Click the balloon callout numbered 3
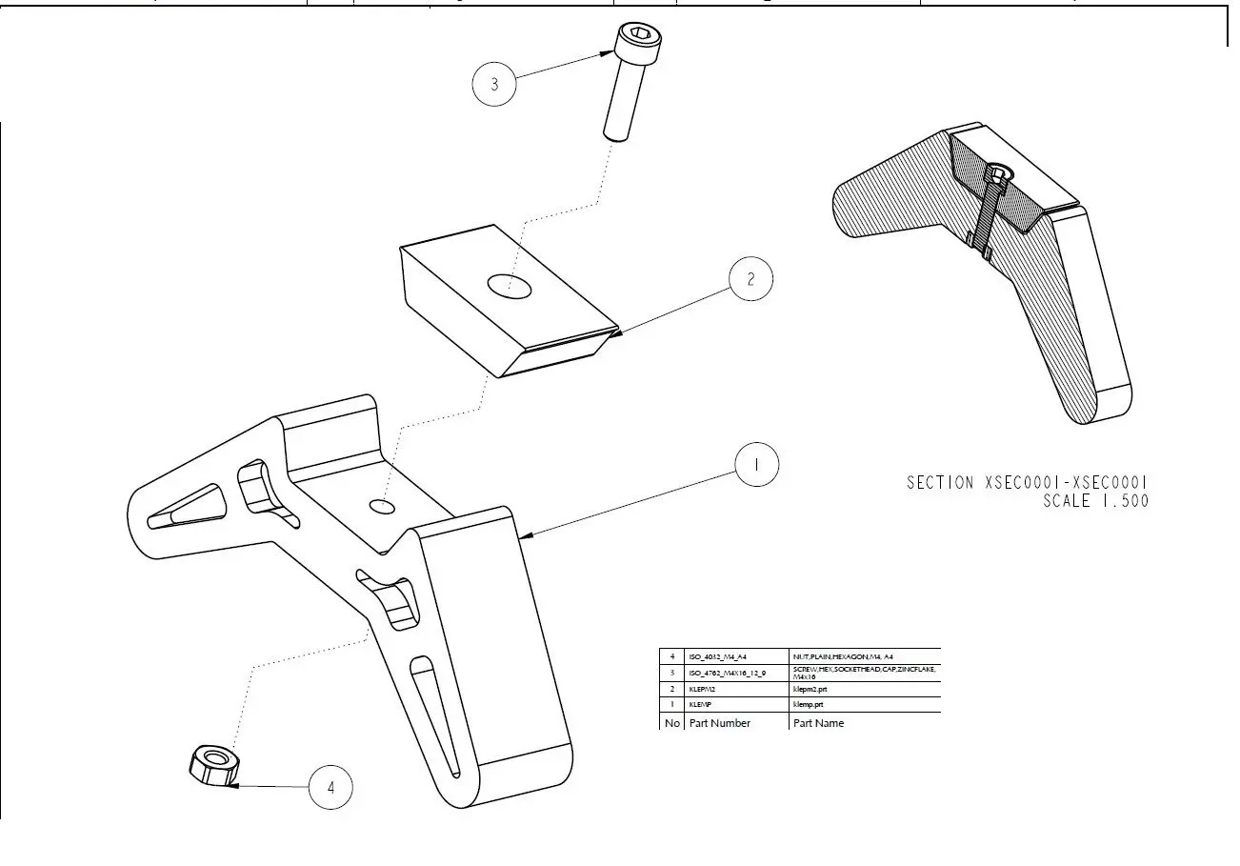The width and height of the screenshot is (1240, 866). [x=493, y=84]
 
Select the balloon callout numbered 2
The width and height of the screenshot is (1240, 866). [x=750, y=279]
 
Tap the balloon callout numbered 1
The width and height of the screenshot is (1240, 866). [x=757, y=465]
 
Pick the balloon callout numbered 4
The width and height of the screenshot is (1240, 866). [x=330, y=788]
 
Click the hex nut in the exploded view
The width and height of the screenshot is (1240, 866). [x=212, y=764]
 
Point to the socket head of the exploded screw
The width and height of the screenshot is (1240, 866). [x=633, y=40]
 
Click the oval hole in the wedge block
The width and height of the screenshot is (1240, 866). [x=510, y=285]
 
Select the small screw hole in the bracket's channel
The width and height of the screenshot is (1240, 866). [x=383, y=506]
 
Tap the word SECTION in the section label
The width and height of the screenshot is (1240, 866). [x=940, y=483]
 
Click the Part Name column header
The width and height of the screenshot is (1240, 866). [x=818, y=723]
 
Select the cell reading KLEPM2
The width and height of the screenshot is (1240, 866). [x=702, y=689]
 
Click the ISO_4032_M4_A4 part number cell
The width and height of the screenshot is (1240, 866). [x=718, y=656]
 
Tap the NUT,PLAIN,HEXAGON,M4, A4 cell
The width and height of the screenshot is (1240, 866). [x=843, y=656]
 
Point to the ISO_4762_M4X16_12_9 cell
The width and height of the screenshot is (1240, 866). [x=727, y=673]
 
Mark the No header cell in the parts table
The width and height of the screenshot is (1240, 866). [x=672, y=723]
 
